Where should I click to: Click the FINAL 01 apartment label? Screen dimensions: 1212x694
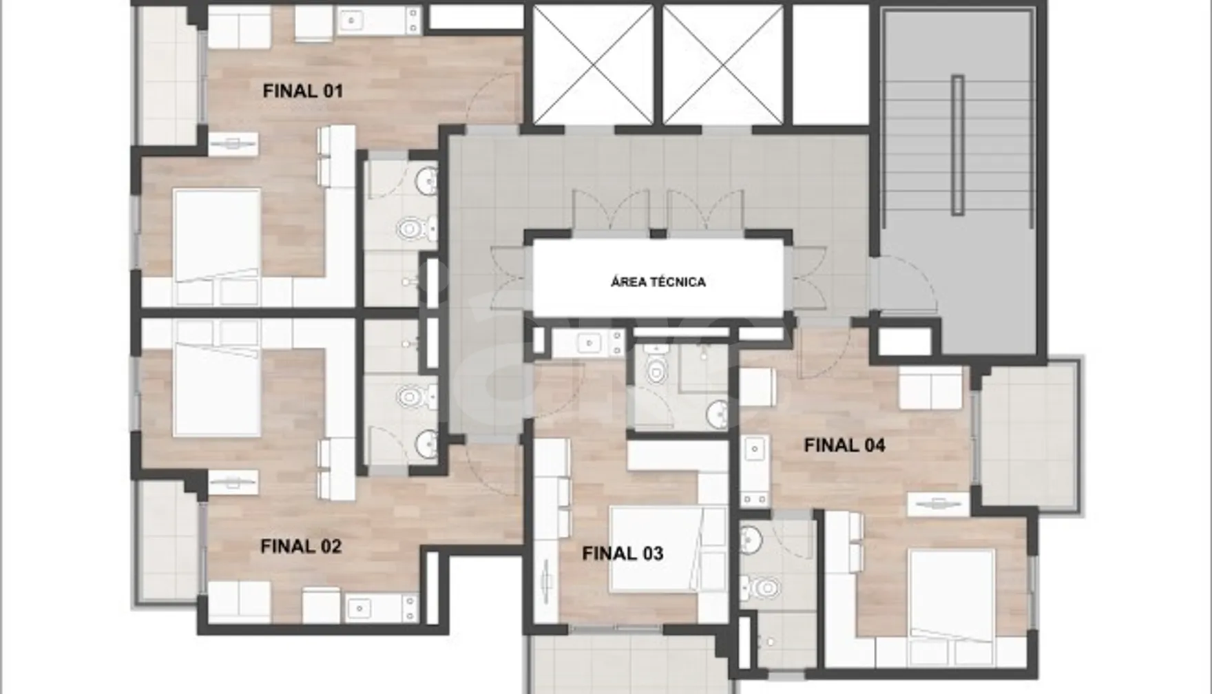(x=302, y=91)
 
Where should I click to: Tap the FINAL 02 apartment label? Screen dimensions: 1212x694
(x=301, y=547)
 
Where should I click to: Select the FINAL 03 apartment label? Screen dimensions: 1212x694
(x=623, y=554)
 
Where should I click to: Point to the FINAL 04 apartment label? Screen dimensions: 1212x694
(x=844, y=445)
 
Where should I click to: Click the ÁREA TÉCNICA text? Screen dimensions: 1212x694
(x=658, y=282)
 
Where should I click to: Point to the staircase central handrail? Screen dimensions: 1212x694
(x=958, y=145)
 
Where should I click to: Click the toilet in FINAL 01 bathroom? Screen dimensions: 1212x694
(x=413, y=228)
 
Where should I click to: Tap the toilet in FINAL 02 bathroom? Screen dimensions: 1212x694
(x=413, y=397)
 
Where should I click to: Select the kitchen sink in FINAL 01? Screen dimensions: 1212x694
(x=354, y=21)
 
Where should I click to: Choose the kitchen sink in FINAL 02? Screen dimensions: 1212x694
(x=359, y=607)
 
